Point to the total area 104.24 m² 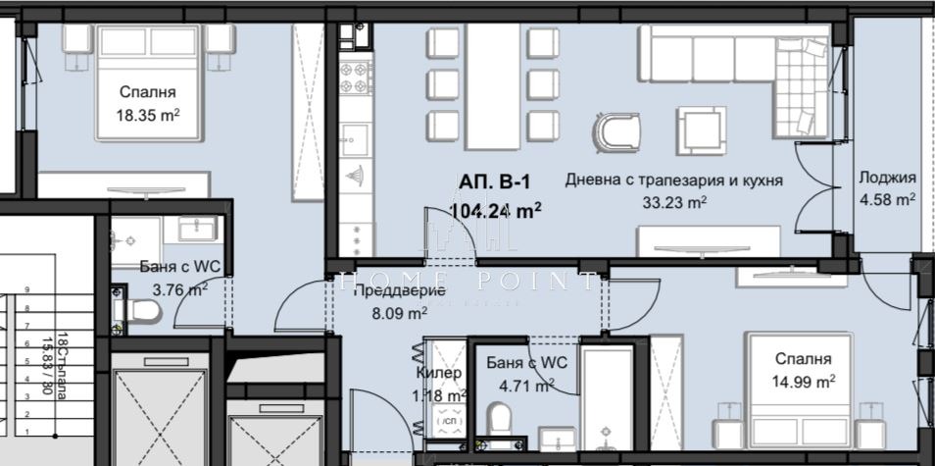496,210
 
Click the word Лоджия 887,178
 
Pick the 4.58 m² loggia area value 887,199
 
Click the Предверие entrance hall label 400,290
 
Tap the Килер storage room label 438,374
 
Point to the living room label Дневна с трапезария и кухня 673,181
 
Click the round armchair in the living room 617,131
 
